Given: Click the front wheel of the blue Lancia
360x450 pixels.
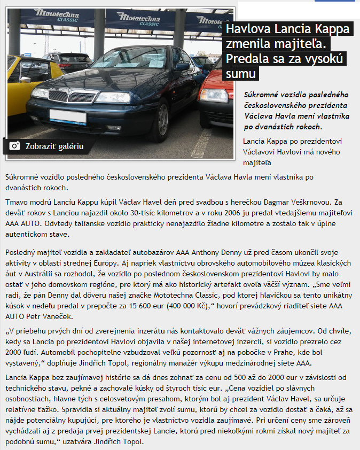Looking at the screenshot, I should point(162,122).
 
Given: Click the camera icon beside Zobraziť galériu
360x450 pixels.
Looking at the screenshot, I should point(15,146).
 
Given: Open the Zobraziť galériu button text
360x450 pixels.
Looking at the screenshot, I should point(54,146).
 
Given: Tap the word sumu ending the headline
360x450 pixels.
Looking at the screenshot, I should point(241,73).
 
